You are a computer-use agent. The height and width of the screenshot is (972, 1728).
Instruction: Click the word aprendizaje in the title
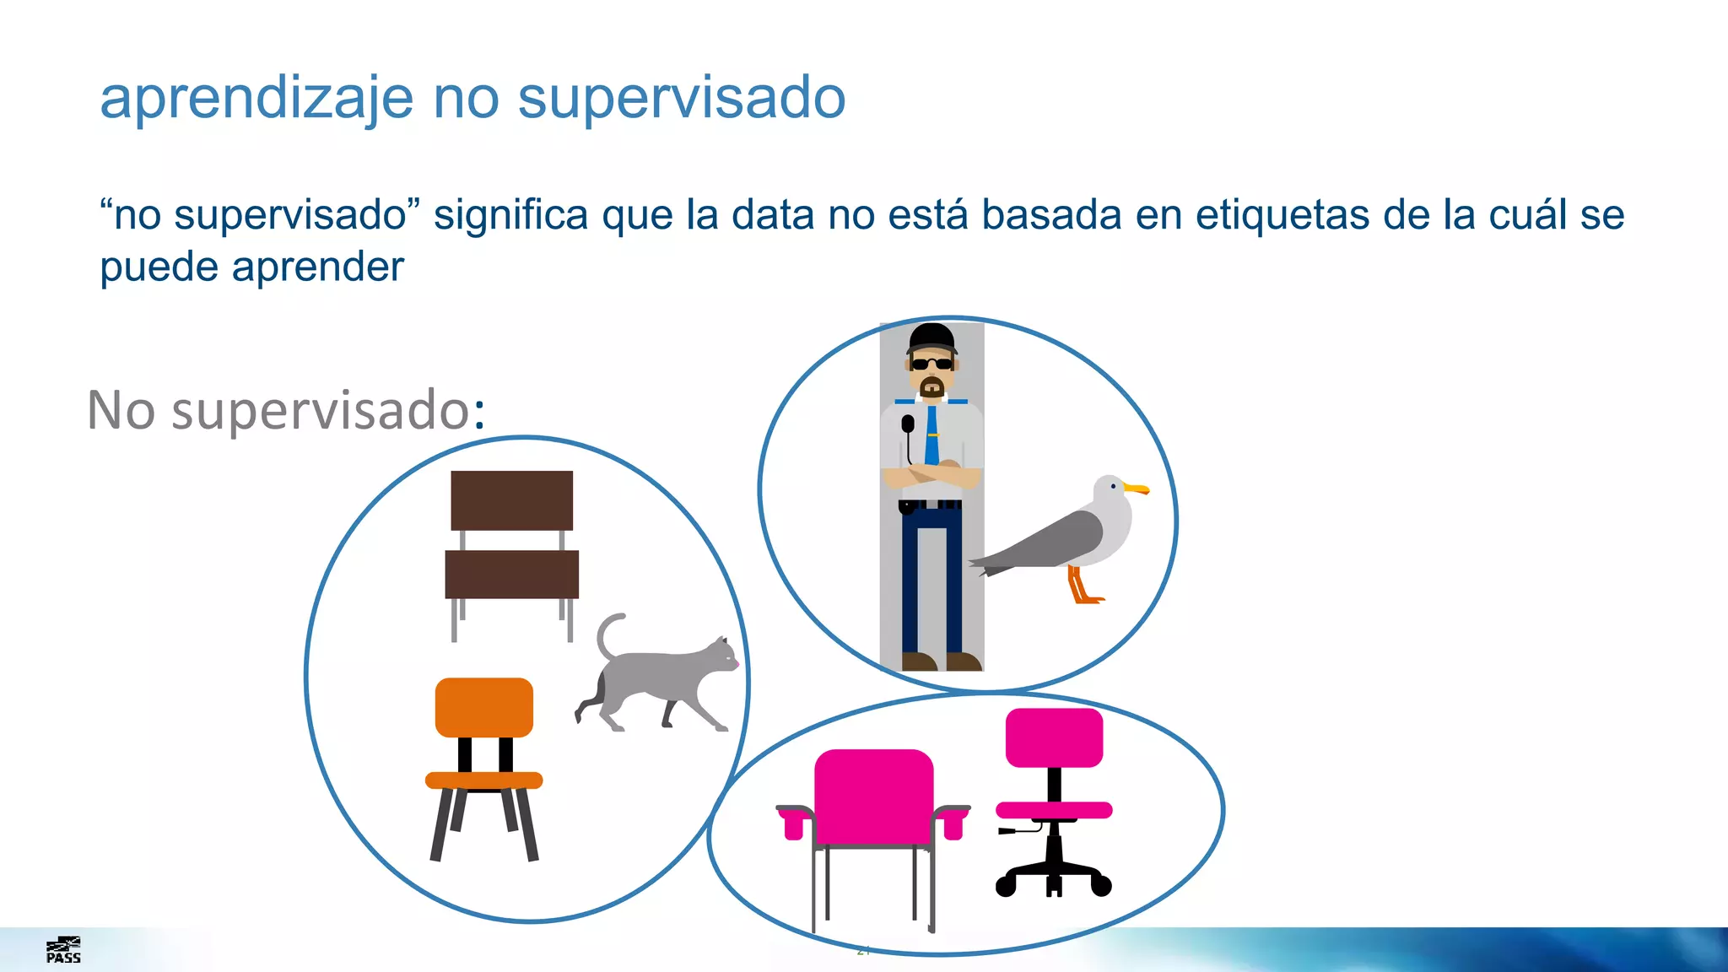click(256, 99)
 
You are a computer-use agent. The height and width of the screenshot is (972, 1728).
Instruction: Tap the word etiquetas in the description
click(1282, 214)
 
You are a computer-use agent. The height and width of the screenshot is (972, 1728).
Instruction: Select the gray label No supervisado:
click(286, 410)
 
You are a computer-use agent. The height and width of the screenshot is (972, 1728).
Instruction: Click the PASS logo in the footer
click(63, 950)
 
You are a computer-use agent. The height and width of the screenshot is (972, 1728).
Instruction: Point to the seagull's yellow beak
click(1137, 489)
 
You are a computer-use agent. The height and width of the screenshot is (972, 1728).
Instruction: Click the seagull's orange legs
click(1082, 586)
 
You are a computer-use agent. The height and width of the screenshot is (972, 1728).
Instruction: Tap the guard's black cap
click(931, 338)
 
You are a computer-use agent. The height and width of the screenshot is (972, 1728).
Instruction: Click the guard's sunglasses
click(931, 364)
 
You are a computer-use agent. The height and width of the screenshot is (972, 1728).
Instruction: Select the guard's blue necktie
click(931, 435)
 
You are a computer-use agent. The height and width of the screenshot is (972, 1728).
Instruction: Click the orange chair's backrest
click(484, 707)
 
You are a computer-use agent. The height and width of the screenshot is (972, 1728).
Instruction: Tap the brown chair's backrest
click(511, 500)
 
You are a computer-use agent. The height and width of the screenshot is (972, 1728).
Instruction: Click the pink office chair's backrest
click(1054, 737)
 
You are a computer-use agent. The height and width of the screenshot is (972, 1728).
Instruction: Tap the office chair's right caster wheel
click(1101, 885)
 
